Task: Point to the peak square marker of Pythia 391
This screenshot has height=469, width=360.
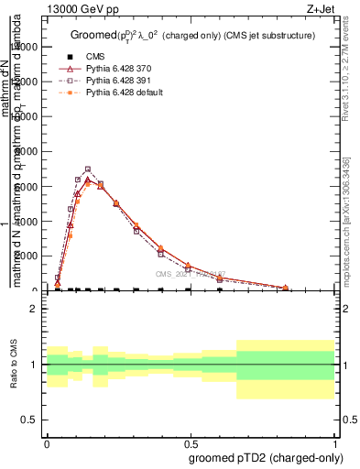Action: tap(88, 169)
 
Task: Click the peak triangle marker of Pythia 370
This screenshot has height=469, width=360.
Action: tap(88, 181)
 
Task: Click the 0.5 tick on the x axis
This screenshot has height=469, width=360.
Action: tap(189, 442)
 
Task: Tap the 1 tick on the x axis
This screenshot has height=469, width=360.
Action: tap(334, 442)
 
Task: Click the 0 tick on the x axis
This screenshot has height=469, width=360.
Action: tap(45, 442)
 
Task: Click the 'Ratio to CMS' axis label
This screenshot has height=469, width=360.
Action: tap(14, 365)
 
